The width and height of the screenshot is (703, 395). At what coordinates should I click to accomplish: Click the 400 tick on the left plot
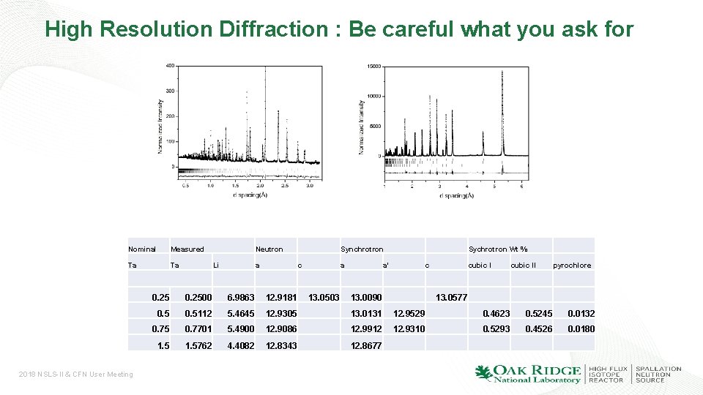click(169, 66)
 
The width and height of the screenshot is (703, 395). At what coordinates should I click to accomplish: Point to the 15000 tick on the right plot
click(373, 66)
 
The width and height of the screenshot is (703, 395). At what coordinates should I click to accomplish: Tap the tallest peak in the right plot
click(502, 73)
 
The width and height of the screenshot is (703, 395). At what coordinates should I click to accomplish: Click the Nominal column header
click(142, 249)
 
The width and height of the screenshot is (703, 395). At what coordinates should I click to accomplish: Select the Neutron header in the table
click(269, 249)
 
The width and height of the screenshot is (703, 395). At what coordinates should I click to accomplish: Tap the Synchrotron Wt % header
click(498, 249)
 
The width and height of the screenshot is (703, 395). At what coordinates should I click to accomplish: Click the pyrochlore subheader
click(572, 266)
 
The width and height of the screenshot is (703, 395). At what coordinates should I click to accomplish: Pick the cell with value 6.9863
click(241, 298)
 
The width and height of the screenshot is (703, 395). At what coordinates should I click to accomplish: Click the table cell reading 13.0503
click(324, 298)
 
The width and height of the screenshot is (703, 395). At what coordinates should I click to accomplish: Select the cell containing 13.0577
click(451, 298)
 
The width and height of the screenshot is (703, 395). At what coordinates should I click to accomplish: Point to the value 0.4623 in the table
click(496, 314)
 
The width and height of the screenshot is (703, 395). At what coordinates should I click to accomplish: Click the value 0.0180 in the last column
click(581, 329)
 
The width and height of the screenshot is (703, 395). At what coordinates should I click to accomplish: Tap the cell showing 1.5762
click(198, 345)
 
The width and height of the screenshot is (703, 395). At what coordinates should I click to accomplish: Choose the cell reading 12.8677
click(366, 345)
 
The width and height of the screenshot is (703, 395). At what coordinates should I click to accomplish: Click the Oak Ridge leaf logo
click(483, 373)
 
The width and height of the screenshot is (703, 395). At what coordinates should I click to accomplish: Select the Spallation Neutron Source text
click(658, 374)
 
